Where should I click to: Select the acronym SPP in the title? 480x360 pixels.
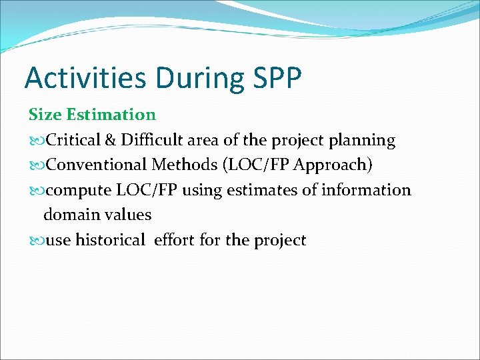277,78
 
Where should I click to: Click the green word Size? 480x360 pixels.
45,115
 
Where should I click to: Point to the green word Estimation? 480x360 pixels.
111,115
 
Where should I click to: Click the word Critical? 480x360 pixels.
73,140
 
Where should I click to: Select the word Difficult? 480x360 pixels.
151,140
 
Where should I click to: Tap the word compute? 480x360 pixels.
79,191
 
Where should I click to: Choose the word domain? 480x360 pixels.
69,215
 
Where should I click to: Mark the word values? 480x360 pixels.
129,215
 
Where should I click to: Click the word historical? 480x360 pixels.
110,240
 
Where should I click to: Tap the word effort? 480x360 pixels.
175,240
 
